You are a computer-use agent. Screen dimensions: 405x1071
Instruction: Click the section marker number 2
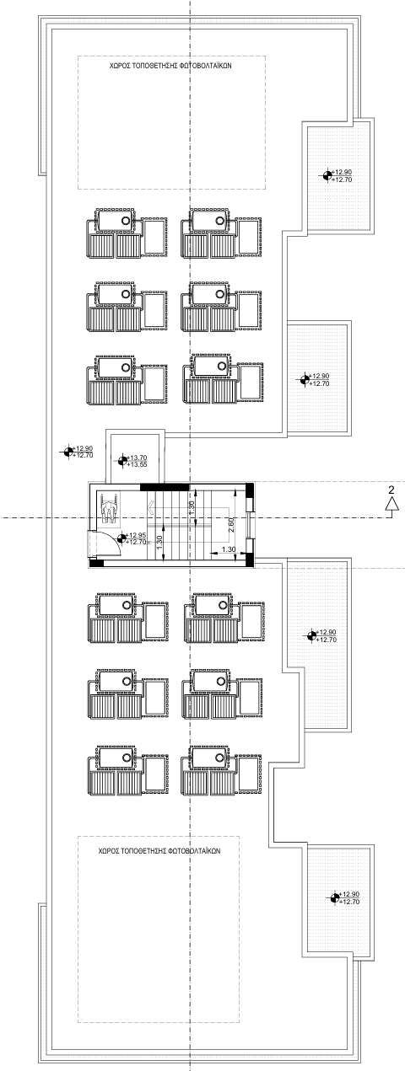(391, 489)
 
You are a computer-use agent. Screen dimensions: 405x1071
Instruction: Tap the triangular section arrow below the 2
(392, 504)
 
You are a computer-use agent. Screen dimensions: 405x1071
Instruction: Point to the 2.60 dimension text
(231, 526)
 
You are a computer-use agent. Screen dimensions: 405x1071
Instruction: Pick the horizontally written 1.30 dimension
(229, 549)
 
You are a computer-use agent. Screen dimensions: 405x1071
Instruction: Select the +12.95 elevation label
(136, 535)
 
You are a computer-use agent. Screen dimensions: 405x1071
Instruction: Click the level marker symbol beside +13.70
(122, 461)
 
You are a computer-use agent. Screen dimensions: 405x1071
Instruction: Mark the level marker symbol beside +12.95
(121, 538)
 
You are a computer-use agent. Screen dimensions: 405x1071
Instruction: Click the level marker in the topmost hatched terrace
(327, 176)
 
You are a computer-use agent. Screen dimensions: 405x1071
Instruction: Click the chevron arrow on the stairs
(152, 506)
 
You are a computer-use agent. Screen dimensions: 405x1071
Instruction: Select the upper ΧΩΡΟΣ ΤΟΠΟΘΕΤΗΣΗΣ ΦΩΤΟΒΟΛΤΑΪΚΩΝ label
(171, 66)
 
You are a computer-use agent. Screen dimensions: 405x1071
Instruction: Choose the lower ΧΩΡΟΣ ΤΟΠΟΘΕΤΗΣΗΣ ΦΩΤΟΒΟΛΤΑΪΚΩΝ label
(159, 851)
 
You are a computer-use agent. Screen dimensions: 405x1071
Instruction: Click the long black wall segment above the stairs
(165, 487)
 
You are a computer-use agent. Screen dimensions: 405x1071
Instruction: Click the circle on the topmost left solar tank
(126, 220)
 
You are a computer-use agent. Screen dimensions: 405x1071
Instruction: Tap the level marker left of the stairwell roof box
(68, 452)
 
